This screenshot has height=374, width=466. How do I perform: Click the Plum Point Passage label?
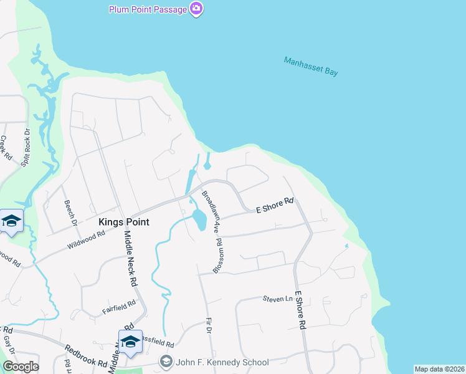coord(148,9)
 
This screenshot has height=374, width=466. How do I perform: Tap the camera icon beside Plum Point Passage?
coord(197,9)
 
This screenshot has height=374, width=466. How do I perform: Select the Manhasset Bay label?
coord(311,66)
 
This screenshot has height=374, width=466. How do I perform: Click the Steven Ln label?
coord(277,299)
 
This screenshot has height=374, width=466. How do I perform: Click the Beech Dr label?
coord(70,213)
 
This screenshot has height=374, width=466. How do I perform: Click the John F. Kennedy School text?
coord(222,362)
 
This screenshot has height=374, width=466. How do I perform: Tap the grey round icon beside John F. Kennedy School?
coord(166,362)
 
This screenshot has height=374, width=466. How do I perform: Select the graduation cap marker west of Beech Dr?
coord(11,222)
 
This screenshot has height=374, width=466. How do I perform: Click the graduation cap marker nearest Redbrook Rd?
coord(130,342)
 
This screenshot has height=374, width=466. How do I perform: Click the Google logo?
coord(21,367)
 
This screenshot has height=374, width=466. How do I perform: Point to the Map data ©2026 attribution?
coord(439,369)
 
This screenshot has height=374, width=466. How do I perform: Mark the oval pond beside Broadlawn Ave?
coord(199,219)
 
